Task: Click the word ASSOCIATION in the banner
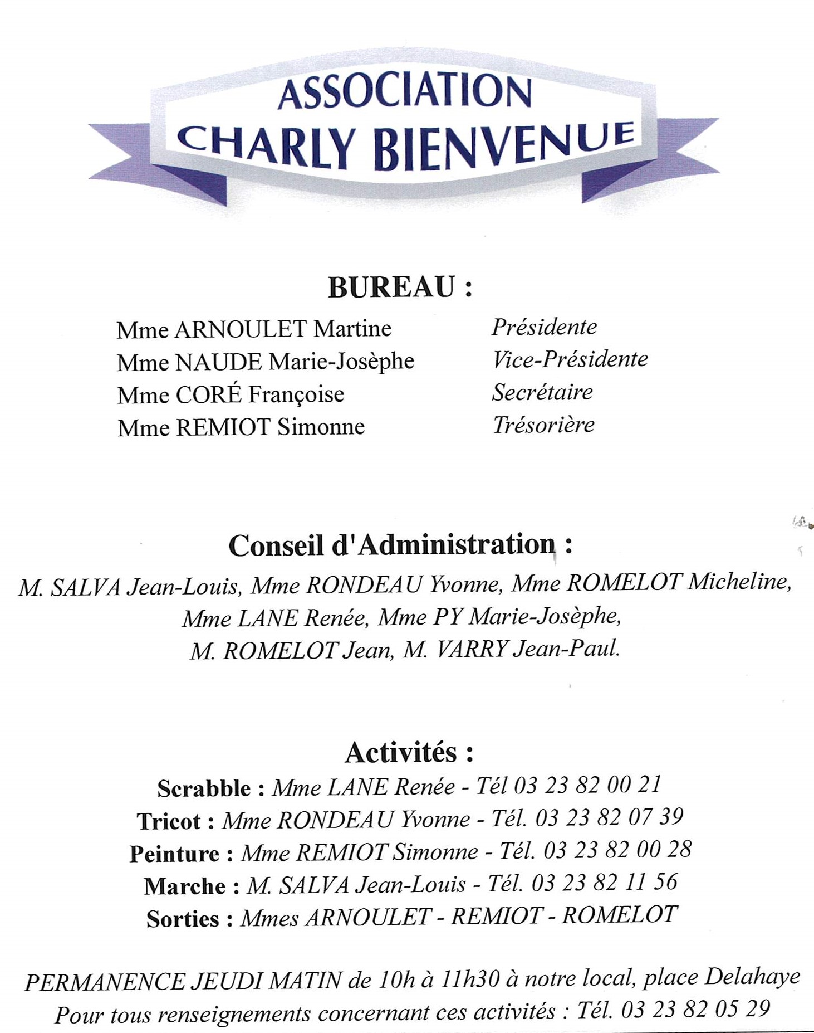click(405, 91)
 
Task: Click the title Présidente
click(544, 327)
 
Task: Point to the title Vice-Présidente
click(570, 359)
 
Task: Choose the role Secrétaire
click(542, 392)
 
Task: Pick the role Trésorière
click(543, 425)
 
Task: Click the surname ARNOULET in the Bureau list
click(241, 329)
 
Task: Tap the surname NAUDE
click(218, 362)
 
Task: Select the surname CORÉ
click(209, 394)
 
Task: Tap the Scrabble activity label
click(204, 788)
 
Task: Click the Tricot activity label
click(169, 821)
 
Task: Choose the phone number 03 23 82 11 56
click(605, 883)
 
